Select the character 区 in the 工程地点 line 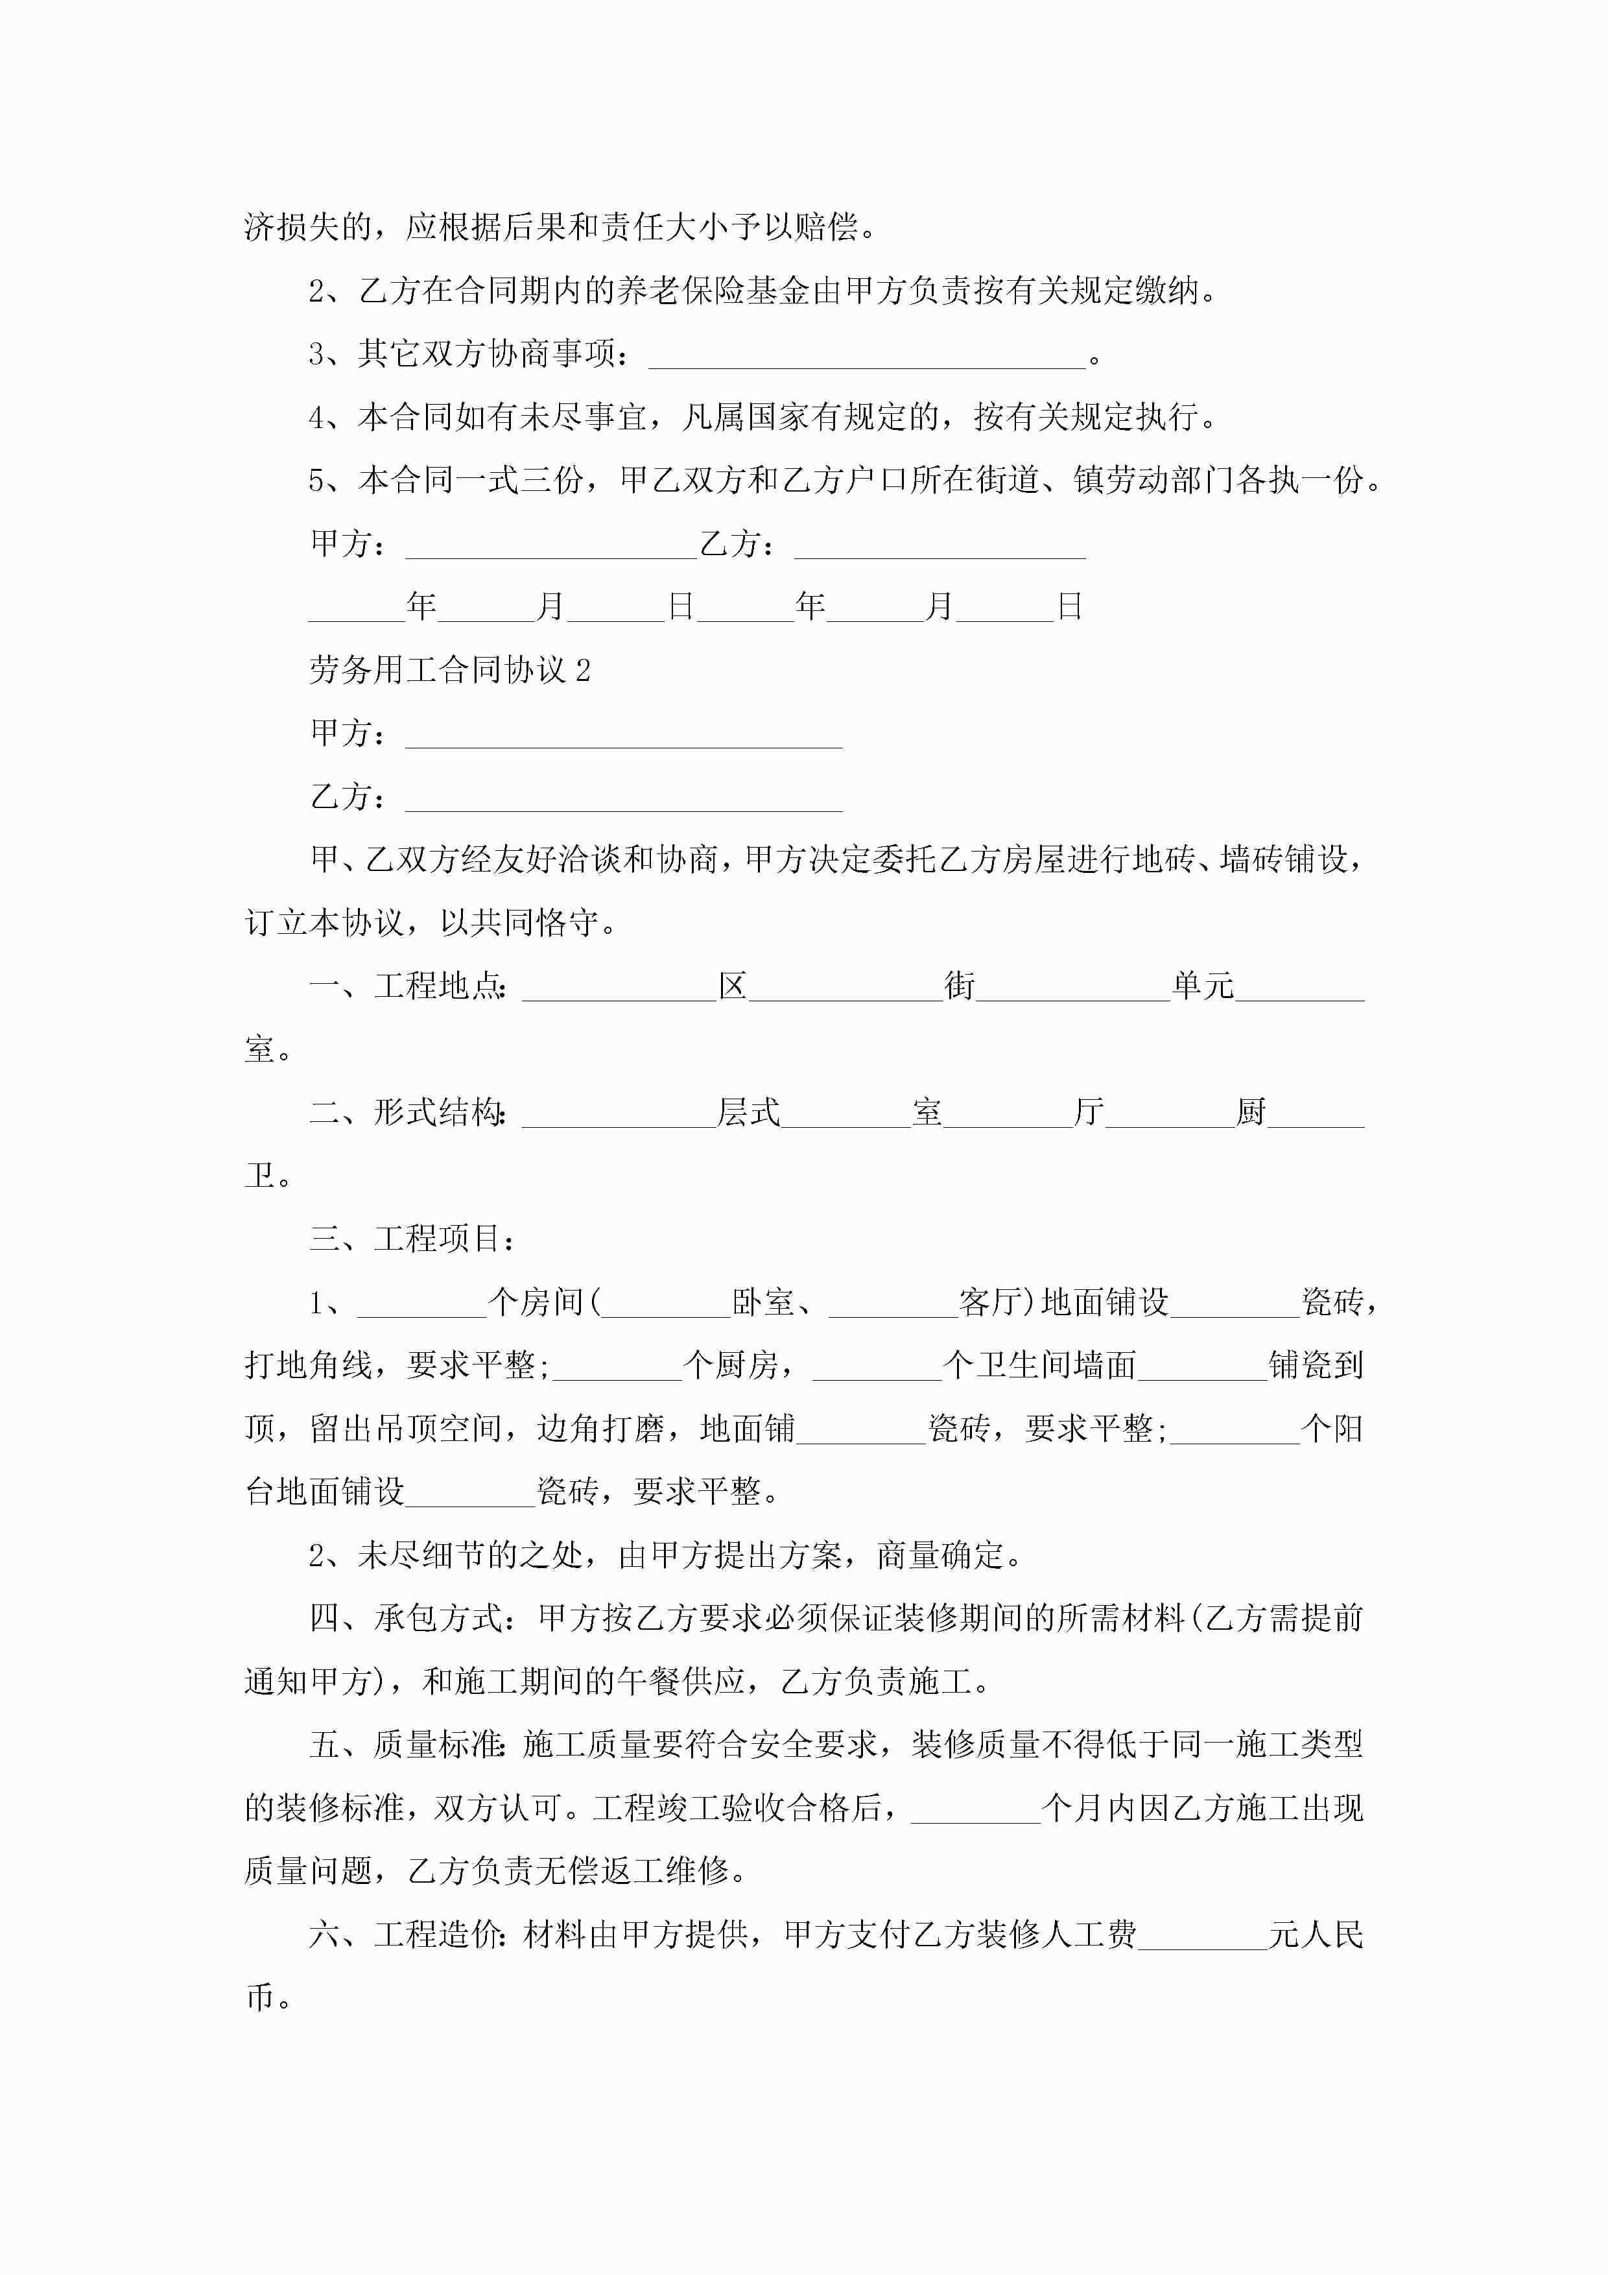[x=732, y=987]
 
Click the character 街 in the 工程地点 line [x=959, y=987]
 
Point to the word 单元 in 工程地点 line [x=1203, y=987]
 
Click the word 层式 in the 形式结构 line [x=748, y=1113]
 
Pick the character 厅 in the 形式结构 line [x=1089, y=1113]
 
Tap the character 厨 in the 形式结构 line [x=1251, y=1113]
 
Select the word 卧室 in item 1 [x=763, y=1302]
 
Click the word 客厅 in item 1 [x=991, y=1302]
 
